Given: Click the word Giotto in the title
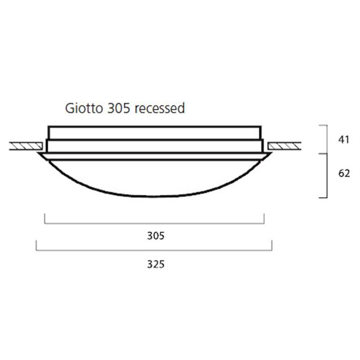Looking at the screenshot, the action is pyautogui.click(x=84, y=108).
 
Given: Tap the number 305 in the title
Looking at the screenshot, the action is pyautogui.click(x=119, y=108).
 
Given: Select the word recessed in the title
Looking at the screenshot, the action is pyautogui.click(x=160, y=108).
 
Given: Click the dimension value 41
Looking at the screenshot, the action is pyautogui.click(x=344, y=139).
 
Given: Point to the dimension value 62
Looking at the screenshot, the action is pyautogui.click(x=344, y=173).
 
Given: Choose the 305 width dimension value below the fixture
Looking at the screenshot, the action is pyautogui.click(x=156, y=236).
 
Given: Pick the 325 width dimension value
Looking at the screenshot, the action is pyautogui.click(x=156, y=264).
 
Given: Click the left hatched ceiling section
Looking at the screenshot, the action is pyautogui.click(x=26, y=146).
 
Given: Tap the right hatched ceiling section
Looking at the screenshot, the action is pyautogui.click(x=284, y=146).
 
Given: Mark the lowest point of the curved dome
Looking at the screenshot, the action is pyautogui.click(x=153, y=197).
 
